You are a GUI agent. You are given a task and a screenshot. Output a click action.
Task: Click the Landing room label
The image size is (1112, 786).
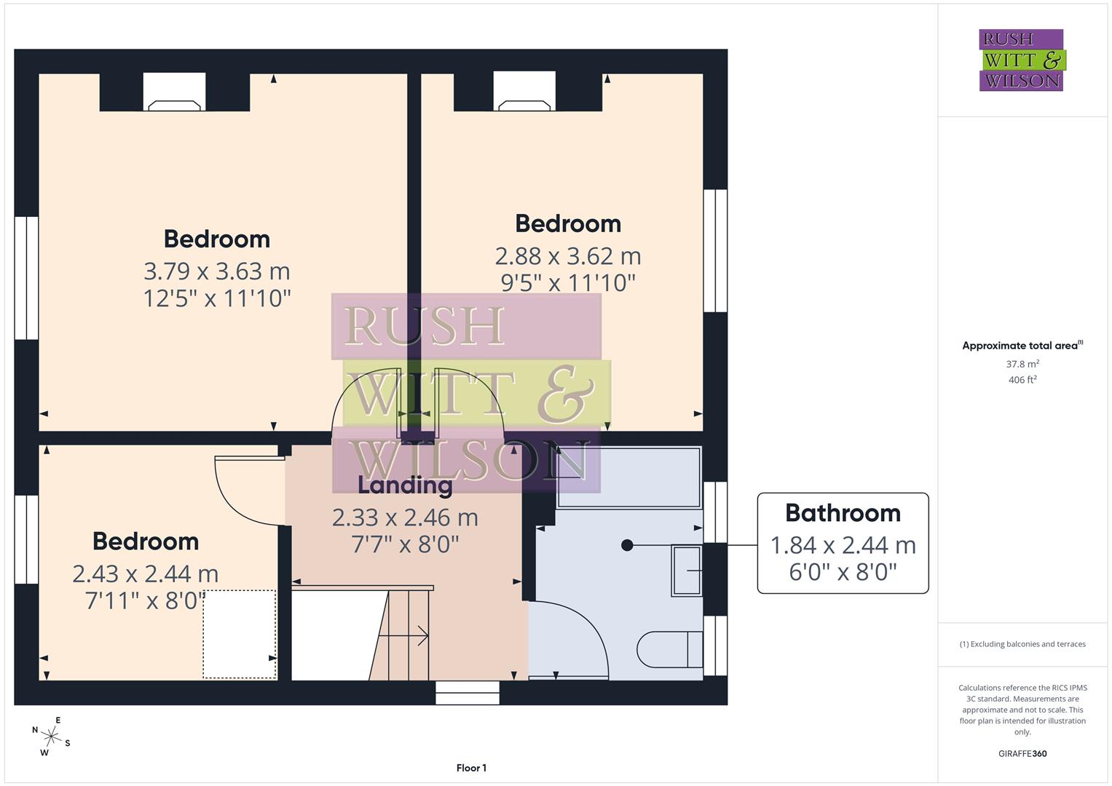(405, 485)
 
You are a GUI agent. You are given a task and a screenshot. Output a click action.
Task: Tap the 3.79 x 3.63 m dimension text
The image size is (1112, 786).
(217, 271)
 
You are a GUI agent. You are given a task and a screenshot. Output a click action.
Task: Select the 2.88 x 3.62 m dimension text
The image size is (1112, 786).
(567, 256)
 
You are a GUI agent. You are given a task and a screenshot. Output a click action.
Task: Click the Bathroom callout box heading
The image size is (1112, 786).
(843, 513)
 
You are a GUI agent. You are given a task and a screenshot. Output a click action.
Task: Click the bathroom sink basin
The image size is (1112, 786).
(686, 570)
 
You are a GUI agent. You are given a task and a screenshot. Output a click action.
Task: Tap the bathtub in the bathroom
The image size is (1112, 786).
(628, 477)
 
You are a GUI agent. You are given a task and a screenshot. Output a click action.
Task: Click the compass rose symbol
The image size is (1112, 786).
(50, 737)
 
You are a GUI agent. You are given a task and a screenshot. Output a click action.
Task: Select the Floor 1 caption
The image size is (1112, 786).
(471, 768)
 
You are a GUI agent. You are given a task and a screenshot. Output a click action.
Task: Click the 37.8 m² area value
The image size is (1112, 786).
(1022, 364)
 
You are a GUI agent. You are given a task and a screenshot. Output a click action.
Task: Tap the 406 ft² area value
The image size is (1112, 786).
(1022, 380)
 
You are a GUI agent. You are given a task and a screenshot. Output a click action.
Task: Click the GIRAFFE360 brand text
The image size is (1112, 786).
(1022, 754)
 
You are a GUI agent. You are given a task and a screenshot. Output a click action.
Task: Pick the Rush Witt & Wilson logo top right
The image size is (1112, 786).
(1022, 60)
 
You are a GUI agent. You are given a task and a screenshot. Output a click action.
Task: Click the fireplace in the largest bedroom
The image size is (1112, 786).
(175, 93)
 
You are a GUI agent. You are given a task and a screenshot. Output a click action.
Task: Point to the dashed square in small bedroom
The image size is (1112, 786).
(239, 634)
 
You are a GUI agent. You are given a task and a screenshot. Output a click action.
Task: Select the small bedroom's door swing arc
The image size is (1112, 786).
(240, 495)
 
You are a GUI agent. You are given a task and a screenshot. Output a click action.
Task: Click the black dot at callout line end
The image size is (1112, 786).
(627, 545)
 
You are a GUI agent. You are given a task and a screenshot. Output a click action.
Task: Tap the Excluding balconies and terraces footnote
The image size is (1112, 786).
(1022, 644)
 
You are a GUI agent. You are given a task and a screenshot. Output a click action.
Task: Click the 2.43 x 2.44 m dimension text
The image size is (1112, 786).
(145, 574)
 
